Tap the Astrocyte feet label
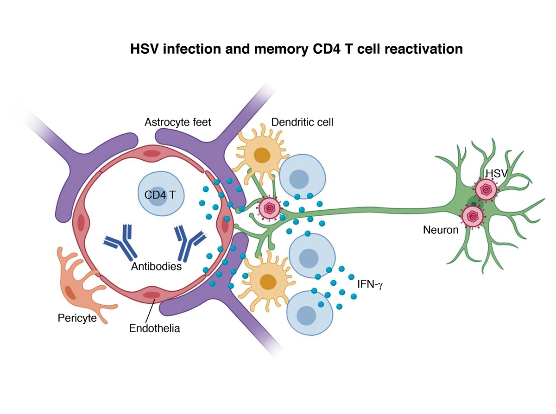click(177, 122)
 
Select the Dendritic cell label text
click(302, 122)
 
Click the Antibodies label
click(156, 267)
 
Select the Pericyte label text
click(77, 318)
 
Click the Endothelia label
click(154, 329)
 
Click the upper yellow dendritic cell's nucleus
click(263, 155)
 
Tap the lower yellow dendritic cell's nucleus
click(267, 281)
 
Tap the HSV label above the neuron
click(494, 173)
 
